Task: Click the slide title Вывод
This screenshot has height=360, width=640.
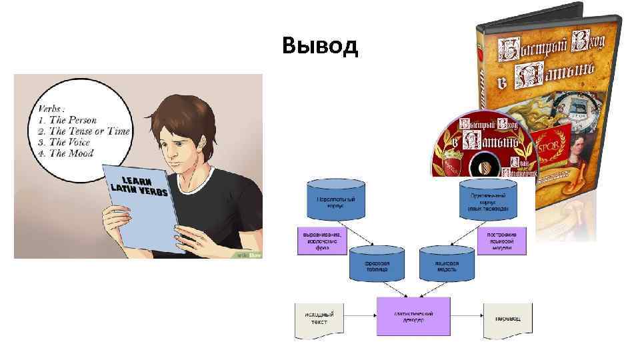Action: [320, 46]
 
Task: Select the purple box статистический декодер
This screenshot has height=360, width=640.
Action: [413, 316]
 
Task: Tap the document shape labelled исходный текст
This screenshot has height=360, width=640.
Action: [318, 317]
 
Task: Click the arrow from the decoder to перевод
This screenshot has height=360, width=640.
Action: [467, 316]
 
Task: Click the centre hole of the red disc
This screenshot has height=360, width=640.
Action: [483, 163]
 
